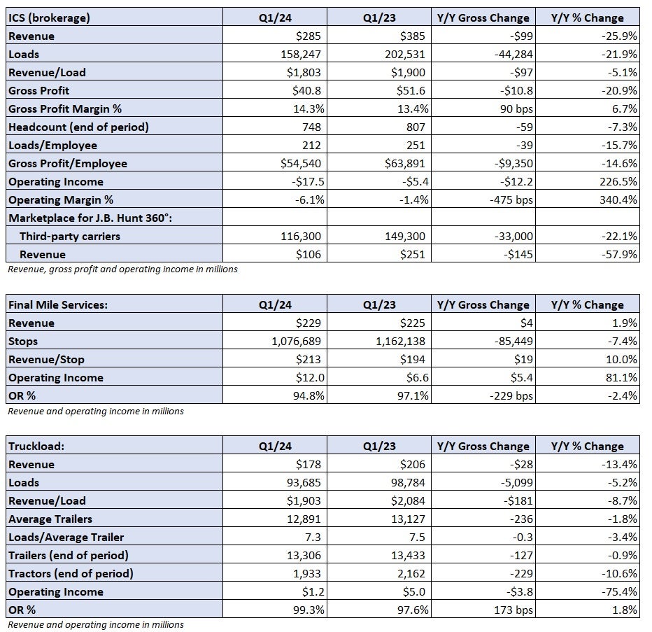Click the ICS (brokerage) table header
click(x=49, y=18)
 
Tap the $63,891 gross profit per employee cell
click(x=404, y=163)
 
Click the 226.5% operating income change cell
click(x=618, y=181)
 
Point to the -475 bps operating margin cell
click(x=511, y=199)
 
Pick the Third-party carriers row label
click(x=70, y=237)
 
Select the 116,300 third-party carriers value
click(x=301, y=237)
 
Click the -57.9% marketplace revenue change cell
click(x=619, y=254)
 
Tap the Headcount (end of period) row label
click(x=78, y=127)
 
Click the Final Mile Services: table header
click(x=58, y=305)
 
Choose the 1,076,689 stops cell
click(x=296, y=341)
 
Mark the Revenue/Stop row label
click(x=46, y=360)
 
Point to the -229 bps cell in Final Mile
click(x=511, y=395)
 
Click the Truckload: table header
click(x=36, y=447)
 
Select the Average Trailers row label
click(x=50, y=519)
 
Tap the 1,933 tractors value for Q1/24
click(x=307, y=573)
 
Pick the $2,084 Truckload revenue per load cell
click(x=408, y=500)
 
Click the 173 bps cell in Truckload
click(x=513, y=610)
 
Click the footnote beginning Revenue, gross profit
click(x=122, y=269)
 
